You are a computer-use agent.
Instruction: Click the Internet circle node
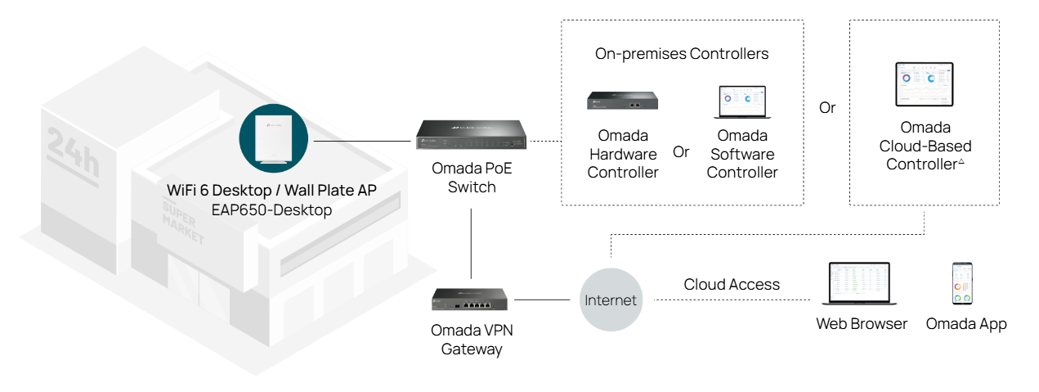click(611, 300)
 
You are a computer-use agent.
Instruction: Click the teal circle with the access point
click(273, 139)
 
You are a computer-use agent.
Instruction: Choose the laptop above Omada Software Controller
click(741, 102)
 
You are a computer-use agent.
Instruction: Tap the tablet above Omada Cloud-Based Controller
click(925, 83)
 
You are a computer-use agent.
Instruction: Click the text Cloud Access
click(732, 285)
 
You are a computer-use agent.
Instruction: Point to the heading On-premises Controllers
click(682, 54)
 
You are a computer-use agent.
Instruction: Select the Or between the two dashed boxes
click(827, 107)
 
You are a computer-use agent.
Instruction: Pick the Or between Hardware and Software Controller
click(681, 152)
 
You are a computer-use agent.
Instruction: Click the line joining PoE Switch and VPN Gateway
click(472, 243)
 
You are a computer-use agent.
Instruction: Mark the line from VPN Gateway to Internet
click(541, 300)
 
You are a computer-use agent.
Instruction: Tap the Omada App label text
click(966, 324)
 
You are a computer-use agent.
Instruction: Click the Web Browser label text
click(862, 324)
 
